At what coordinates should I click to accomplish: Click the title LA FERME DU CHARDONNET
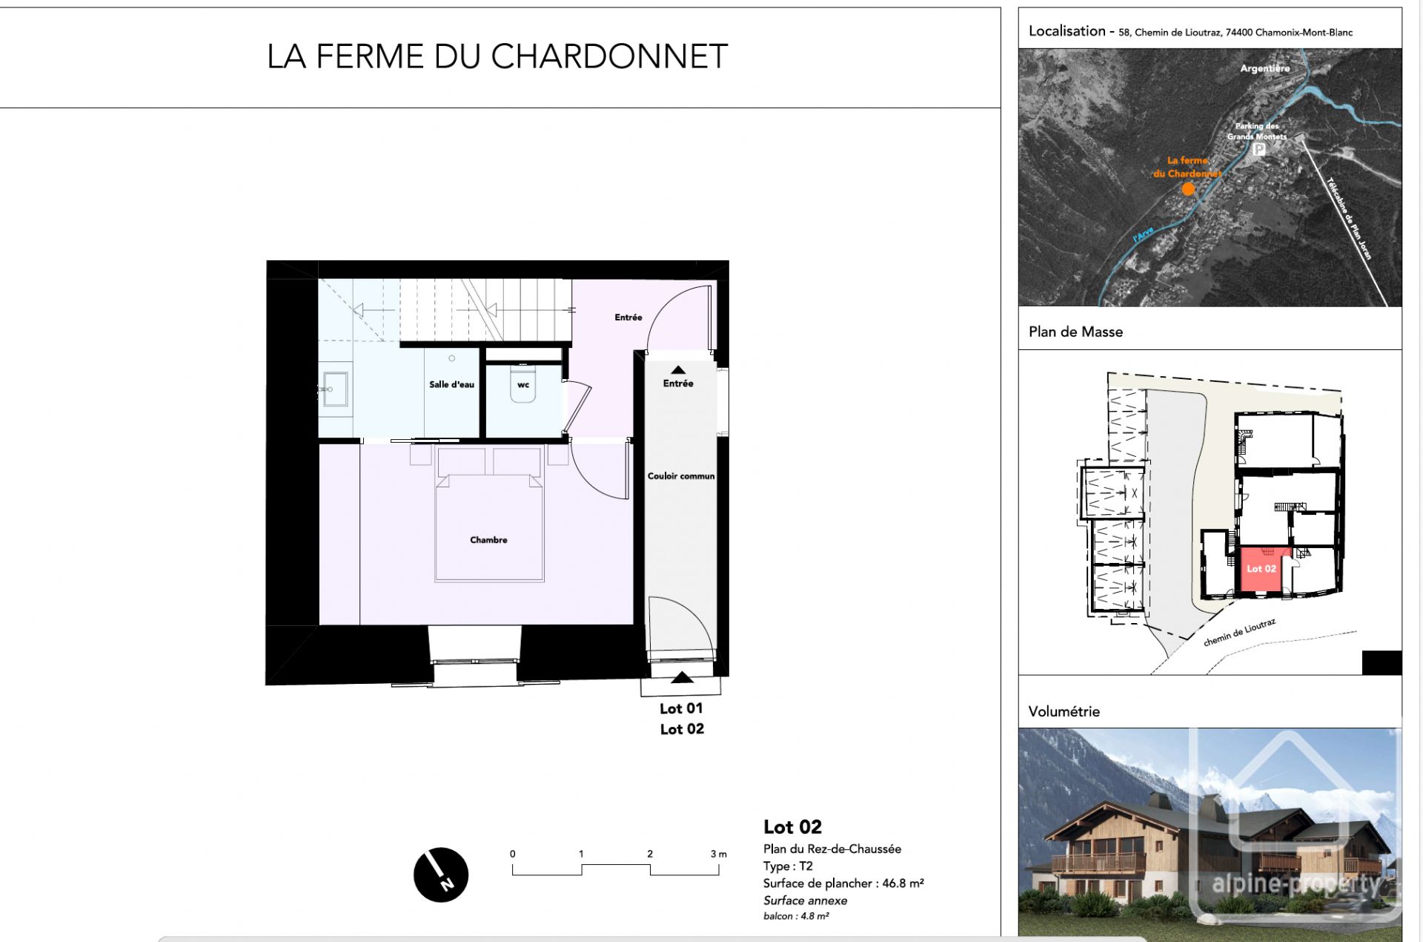(x=497, y=57)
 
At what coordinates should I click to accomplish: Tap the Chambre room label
(x=488, y=540)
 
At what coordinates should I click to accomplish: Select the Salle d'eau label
(x=451, y=384)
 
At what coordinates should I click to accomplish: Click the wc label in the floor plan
(x=523, y=385)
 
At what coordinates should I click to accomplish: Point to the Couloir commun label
(x=680, y=476)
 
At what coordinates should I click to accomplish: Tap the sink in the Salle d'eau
(x=335, y=389)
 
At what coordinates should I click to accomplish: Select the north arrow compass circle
(x=441, y=875)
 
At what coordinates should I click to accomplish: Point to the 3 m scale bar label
(x=718, y=854)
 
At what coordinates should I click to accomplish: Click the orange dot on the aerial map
(x=1188, y=189)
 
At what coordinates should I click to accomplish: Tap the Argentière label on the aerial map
(x=1264, y=68)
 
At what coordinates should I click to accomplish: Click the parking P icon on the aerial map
(x=1258, y=149)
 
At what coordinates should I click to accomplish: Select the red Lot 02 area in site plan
(x=1260, y=570)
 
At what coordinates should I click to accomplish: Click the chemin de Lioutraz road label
(x=1239, y=633)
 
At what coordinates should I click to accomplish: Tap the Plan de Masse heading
(x=1075, y=332)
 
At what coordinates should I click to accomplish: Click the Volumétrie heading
(x=1064, y=712)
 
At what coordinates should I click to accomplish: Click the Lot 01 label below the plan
(x=681, y=709)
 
